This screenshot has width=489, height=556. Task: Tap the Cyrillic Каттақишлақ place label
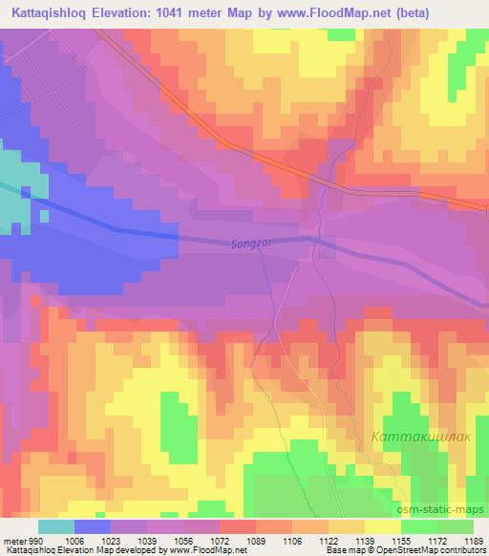(415, 437)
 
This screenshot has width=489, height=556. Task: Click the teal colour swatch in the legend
(56, 526)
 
